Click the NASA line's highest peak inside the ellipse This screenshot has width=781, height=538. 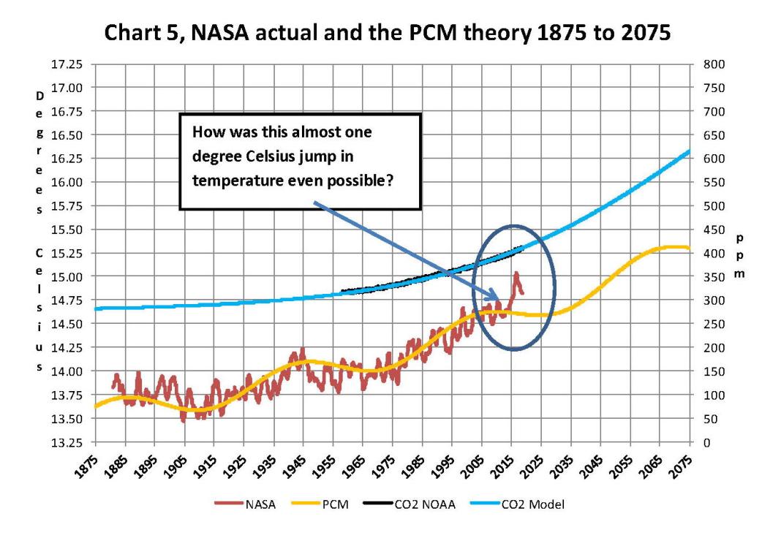pyautogui.click(x=516, y=273)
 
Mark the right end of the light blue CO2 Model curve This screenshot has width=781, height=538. pyautogui.click(x=690, y=151)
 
